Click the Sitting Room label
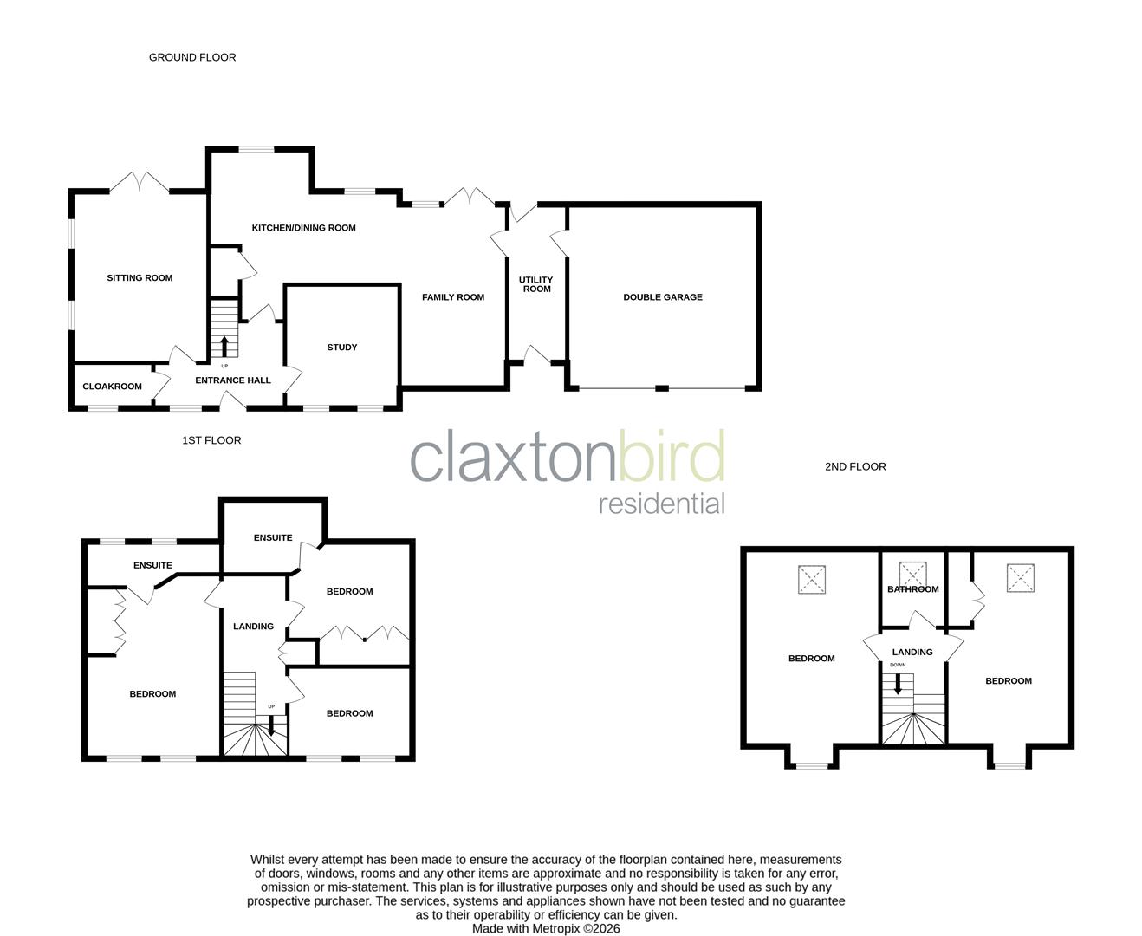tap(140, 278)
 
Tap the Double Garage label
tap(663, 297)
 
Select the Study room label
tap(342, 348)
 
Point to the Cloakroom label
tap(112, 387)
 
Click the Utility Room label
tap(536, 284)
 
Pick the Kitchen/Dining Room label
tap(303, 228)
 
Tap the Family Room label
tap(453, 297)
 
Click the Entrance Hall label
tap(233, 380)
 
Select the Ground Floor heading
tap(192, 57)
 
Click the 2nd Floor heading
tap(855, 466)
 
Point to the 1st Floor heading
tap(211, 440)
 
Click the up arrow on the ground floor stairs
tap(224, 346)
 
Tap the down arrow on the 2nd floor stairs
tap(898, 683)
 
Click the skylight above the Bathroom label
tap(912, 574)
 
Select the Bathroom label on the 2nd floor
tap(912, 589)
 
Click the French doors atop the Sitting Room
tap(139, 183)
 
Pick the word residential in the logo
tap(662, 504)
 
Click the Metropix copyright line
tap(546, 928)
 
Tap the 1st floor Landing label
tap(253, 627)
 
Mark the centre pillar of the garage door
tap(662, 388)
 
